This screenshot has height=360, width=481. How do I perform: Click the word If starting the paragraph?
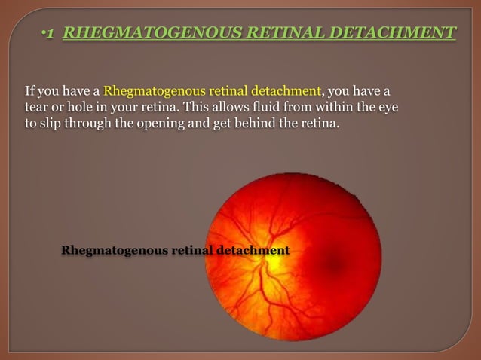click(30, 93)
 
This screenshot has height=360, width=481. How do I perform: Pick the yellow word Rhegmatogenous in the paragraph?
click(148, 93)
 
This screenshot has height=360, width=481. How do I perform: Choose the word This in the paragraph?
click(192, 108)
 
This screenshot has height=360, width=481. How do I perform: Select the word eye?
click(388, 108)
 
